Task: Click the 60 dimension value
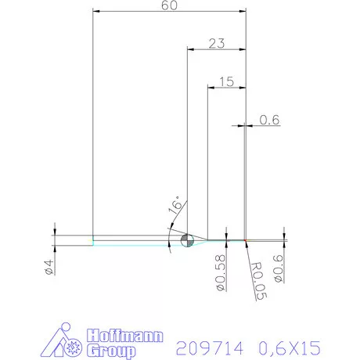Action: (169, 5)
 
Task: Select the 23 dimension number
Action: (217, 44)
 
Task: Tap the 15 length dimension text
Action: (227, 81)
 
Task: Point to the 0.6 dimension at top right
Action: (270, 120)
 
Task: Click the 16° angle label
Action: (177, 207)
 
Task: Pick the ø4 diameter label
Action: (49, 266)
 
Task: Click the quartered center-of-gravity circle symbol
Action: (187, 240)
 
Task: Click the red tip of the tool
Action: (246, 239)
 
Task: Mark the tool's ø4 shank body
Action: (133, 240)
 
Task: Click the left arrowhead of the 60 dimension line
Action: (95, 12)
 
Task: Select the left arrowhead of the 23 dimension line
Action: (189, 49)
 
